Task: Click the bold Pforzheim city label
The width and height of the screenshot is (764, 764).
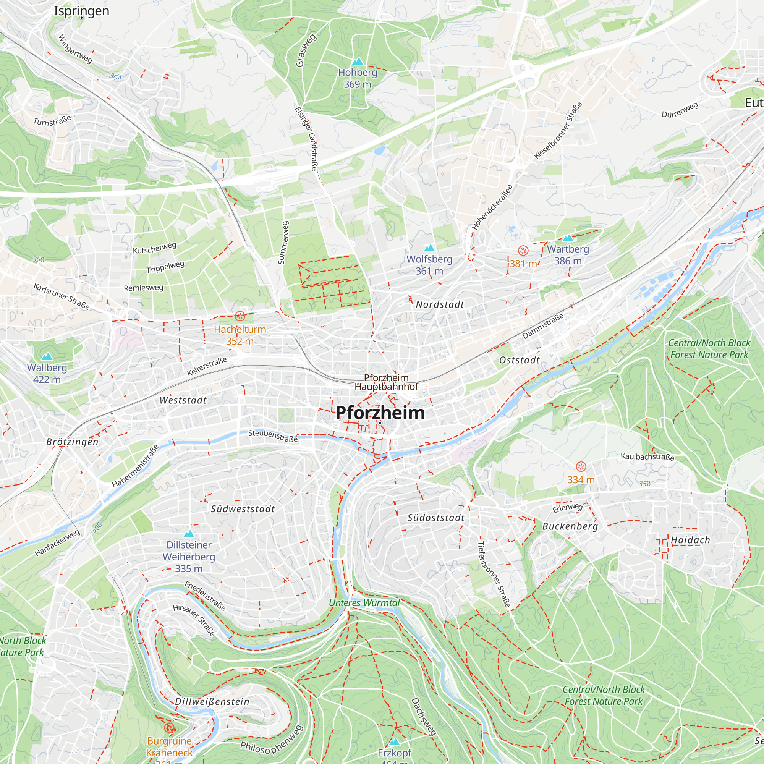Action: click(x=380, y=413)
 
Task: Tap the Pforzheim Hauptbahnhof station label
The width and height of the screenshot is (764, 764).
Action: click(x=386, y=382)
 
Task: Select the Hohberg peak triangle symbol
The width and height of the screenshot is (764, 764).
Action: click(x=358, y=61)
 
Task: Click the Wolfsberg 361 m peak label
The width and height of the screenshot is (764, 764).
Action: click(x=429, y=265)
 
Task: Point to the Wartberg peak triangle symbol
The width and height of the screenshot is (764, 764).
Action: click(x=568, y=238)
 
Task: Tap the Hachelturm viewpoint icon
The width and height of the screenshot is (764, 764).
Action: click(x=240, y=316)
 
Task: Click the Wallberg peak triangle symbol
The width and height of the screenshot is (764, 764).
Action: click(x=47, y=356)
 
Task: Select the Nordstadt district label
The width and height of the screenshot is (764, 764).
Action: click(x=440, y=304)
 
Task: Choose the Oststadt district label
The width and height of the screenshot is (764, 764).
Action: click(x=519, y=360)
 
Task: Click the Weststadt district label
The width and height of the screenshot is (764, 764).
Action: click(x=183, y=400)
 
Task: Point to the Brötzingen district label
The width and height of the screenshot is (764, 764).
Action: click(x=72, y=442)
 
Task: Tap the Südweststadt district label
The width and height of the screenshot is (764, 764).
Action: click(x=243, y=509)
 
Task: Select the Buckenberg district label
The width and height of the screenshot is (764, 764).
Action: click(x=570, y=526)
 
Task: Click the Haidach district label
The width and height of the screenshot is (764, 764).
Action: click(x=690, y=540)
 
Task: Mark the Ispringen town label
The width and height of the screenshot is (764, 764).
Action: click(x=81, y=11)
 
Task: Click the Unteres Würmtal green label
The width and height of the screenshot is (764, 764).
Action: click(x=364, y=603)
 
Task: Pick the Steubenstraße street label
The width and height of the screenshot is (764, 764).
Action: click(x=273, y=436)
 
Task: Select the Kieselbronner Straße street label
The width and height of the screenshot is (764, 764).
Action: click(x=558, y=131)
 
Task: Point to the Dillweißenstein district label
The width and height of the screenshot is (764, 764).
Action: click(x=212, y=702)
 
